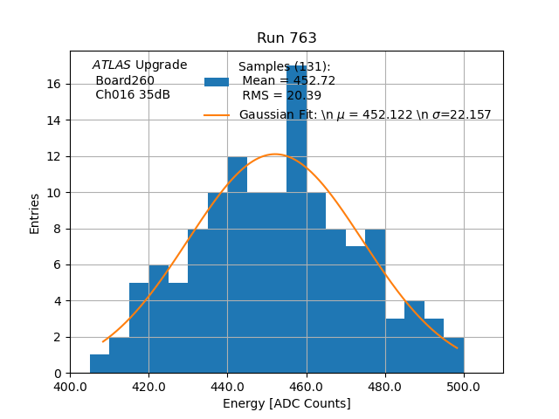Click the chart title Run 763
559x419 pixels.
tap(286, 38)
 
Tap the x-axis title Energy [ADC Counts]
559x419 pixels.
tap(286, 403)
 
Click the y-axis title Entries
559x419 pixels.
tap(35, 213)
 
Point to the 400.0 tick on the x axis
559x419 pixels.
tap(70, 386)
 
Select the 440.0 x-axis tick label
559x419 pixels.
tap(227, 386)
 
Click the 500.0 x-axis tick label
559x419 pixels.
tap(464, 386)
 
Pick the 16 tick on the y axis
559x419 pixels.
tap(53, 84)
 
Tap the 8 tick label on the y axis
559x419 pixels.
tap(57, 229)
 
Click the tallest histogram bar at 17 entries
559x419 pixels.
tap(296, 218)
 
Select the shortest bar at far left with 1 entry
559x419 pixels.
tap(100, 363)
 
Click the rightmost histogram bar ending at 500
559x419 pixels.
tap(453, 354)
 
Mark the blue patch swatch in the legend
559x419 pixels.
tap(217, 81)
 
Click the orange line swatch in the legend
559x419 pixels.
tap(217, 114)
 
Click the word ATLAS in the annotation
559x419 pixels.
tap(112, 65)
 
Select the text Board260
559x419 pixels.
tap(125, 80)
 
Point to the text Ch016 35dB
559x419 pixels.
tap(133, 94)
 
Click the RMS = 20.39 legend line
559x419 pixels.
tap(282, 95)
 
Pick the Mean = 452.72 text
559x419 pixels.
tap(289, 81)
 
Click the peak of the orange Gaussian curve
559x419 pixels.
tap(274, 155)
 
